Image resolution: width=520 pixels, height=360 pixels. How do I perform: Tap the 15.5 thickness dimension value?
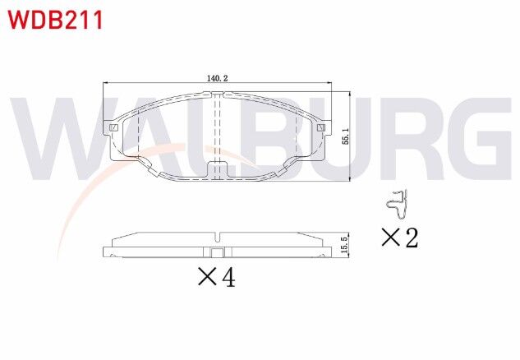348,244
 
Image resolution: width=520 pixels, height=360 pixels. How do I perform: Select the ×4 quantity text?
217,278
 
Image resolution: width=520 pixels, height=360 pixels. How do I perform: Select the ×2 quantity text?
399,238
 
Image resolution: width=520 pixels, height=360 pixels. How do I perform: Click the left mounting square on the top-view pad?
113,128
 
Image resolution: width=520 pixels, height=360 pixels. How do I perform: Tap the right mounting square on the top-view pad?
322,128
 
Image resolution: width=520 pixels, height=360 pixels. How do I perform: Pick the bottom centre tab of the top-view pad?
218,171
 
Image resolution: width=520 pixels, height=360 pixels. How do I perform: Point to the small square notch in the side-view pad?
218,253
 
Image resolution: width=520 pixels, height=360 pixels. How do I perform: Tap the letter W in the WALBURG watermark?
62,140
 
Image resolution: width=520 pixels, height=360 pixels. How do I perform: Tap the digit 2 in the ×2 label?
410,238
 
